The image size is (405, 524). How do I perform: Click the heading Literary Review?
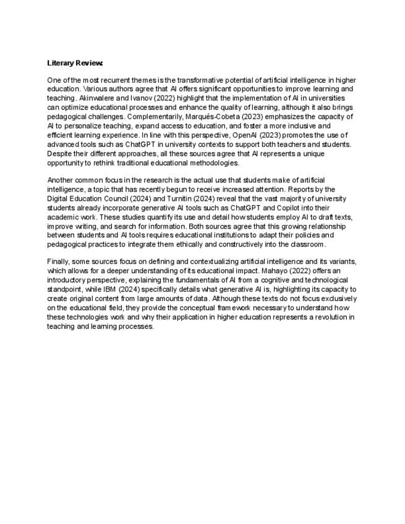[x=75, y=63]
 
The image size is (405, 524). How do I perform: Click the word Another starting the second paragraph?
[x=61, y=180]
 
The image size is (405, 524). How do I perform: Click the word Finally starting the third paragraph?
[x=59, y=261]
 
